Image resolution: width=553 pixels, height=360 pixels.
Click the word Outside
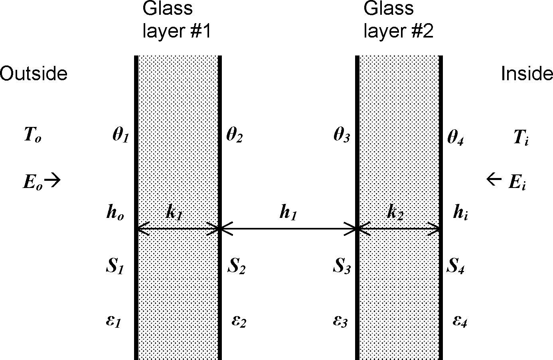tap(34, 74)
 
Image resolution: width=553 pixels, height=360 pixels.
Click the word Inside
tap(527, 74)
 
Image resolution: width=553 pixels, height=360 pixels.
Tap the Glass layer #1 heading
tap(176, 20)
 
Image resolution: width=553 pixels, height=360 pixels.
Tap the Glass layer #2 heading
tap(398, 20)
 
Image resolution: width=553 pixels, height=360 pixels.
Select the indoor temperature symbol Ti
tap(521, 138)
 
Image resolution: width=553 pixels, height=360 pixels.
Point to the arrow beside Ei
tap(494, 180)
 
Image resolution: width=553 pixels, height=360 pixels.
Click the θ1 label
tap(120, 136)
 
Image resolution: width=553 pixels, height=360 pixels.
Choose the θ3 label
tap(342, 136)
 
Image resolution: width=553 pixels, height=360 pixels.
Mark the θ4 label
tap(455, 138)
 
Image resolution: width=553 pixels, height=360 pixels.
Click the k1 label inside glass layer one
tap(174, 214)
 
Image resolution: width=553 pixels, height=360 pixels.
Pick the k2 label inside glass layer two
tap(395, 214)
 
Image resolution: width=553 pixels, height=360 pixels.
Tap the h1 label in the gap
tap(288, 214)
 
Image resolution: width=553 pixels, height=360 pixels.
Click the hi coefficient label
tap(460, 214)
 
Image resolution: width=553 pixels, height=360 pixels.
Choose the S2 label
tap(236, 267)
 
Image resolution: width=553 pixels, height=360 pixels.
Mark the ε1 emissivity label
tap(113, 321)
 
